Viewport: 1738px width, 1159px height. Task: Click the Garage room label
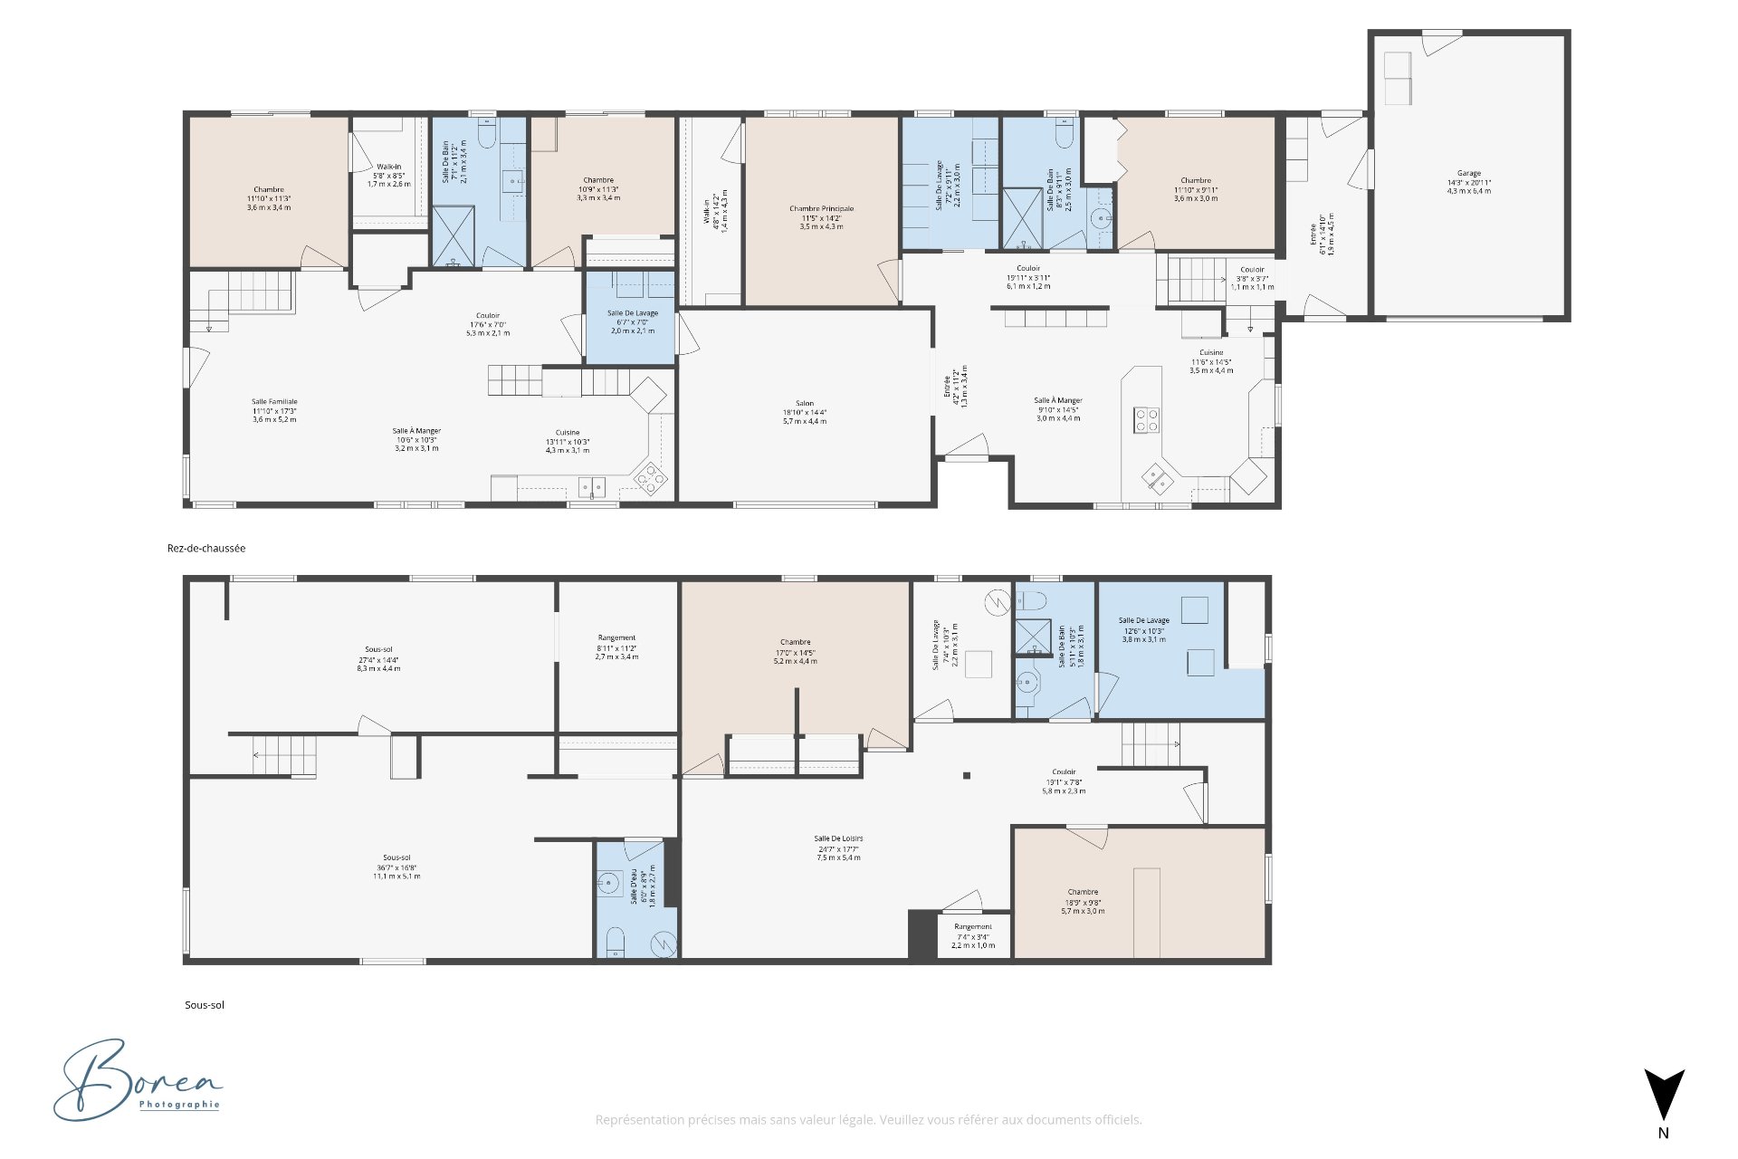click(x=1468, y=182)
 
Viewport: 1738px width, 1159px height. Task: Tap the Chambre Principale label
click(x=821, y=217)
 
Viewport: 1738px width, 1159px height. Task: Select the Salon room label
click(x=804, y=412)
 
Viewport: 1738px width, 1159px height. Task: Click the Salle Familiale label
click(x=274, y=410)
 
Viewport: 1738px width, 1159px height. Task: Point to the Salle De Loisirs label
click(x=838, y=848)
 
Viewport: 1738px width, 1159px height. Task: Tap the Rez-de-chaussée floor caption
click(x=206, y=548)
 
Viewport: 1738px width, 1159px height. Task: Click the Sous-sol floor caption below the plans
click(x=205, y=1005)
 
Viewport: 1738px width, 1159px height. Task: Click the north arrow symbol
click(x=1664, y=1097)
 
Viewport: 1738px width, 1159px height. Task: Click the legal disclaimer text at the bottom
click(x=868, y=1120)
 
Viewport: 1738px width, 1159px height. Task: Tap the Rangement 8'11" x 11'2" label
click(x=616, y=647)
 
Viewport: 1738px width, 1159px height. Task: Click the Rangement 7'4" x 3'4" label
click(x=973, y=935)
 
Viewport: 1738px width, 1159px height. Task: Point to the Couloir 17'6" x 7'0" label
click(x=488, y=324)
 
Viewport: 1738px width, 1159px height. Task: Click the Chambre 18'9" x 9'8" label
click(x=1083, y=901)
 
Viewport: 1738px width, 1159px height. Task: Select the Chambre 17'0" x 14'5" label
click(x=795, y=651)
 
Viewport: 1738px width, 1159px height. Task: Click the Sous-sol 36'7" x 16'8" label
click(x=396, y=867)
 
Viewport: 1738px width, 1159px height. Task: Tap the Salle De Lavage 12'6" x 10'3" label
click(x=1144, y=629)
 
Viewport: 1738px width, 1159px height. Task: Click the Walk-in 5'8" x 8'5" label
click(x=388, y=175)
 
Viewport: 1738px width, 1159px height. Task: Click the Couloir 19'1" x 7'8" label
click(x=1064, y=781)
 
